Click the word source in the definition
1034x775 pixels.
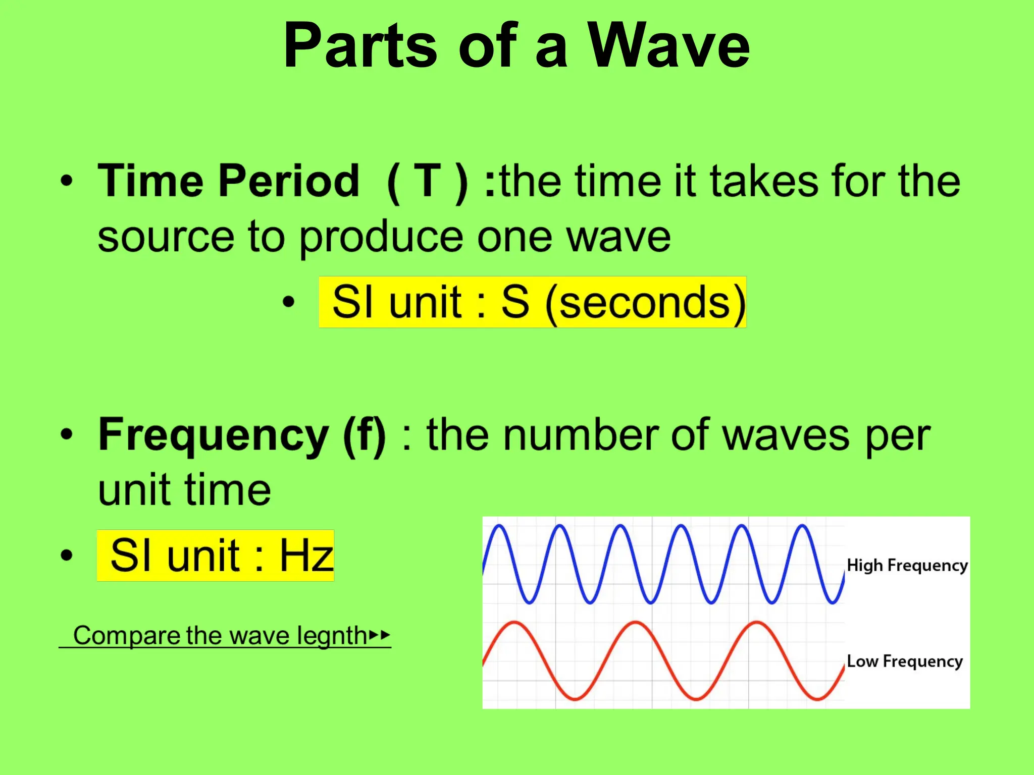tap(166, 237)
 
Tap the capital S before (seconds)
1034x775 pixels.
tap(515, 302)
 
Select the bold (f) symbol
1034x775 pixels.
tap(365, 435)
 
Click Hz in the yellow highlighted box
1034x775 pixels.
tap(306, 556)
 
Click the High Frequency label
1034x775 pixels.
tap(907, 566)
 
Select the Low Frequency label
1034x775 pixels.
tap(904, 661)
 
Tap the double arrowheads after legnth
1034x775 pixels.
tap(380, 635)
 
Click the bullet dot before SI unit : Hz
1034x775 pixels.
tap(66, 556)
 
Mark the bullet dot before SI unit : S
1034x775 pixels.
tap(288, 302)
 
